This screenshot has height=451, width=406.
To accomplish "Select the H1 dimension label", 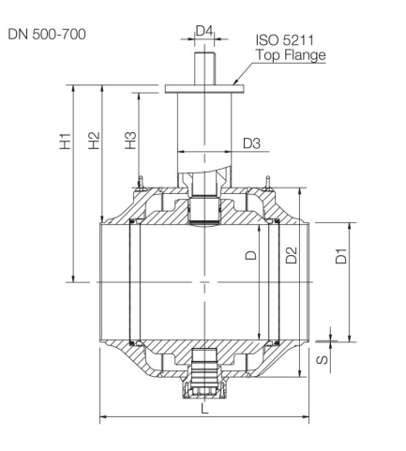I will point(66,147).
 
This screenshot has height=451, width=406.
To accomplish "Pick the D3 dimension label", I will point(252,143).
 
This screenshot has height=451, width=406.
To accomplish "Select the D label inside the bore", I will point(249,256).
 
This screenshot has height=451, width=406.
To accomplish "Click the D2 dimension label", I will point(292,255).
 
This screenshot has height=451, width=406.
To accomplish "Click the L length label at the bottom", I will point(204,409).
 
